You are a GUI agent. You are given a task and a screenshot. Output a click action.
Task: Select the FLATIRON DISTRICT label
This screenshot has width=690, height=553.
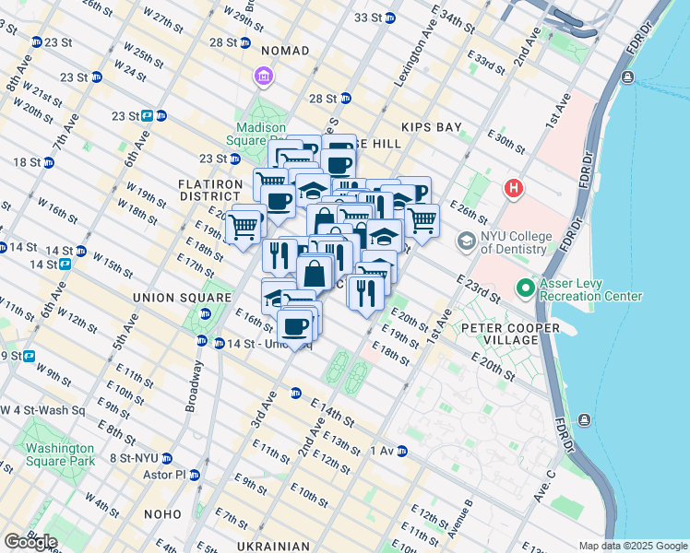(x=209, y=190)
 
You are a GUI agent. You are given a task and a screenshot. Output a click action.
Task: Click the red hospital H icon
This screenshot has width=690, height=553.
(x=514, y=190)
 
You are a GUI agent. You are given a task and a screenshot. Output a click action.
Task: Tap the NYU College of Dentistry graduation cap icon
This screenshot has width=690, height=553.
(x=468, y=241)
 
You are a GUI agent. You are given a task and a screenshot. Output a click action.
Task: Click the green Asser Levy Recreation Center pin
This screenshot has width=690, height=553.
(x=526, y=288)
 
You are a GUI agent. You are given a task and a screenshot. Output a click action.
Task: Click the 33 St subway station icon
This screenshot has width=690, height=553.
(x=390, y=18)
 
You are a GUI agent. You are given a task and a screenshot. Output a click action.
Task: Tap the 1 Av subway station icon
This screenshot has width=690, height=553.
(x=401, y=451)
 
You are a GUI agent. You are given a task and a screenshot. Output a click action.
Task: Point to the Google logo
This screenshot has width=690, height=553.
(x=30, y=542)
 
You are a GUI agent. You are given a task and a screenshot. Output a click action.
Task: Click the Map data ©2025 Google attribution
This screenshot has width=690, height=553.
(x=632, y=546)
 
